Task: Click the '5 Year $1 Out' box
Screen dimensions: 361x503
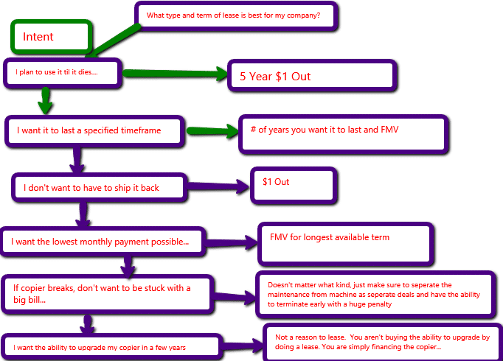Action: coord(312,76)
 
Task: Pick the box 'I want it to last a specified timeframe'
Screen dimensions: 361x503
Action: coord(94,132)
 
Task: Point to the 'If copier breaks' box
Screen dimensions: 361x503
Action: coord(108,292)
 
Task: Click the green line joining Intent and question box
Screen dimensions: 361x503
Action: coord(114,40)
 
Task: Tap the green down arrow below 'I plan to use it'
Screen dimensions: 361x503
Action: coord(46,99)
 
